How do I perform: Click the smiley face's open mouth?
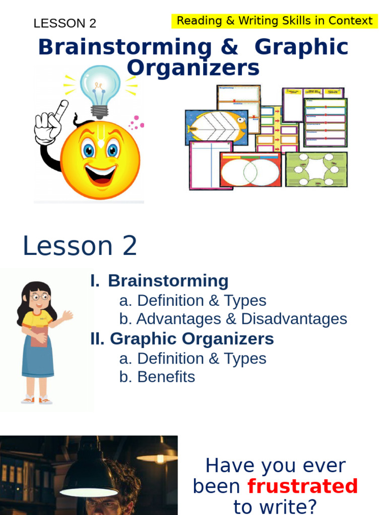pyautogui.click(x=100, y=174)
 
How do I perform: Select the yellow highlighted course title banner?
pyautogui.click(x=275, y=21)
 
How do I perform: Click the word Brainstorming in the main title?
pyautogui.click(x=125, y=47)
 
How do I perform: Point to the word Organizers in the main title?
pyautogui.click(x=193, y=67)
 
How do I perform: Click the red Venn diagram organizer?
pyautogui.click(x=250, y=170)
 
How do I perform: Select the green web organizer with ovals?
pyautogui.click(x=316, y=169)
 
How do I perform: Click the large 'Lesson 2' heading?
pyautogui.click(x=80, y=246)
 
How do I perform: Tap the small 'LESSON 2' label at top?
pyautogui.click(x=64, y=23)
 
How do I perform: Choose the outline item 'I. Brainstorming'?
pyautogui.click(x=159, y=281)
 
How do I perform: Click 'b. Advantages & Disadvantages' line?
pyautogui.click(x=233, y=319)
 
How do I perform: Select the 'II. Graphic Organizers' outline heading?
pyautogui.click(x=182, y=339)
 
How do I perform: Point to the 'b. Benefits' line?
pyautogui.click(x=157, y=377)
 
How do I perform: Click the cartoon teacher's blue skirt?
pyautogui.click(x=38, y=358)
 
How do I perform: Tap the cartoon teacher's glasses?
pyautogui.click(x=39, y=297)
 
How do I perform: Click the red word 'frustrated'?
pyautogui.click(x=302, y=486)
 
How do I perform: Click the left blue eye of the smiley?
pyautogui.click(x=89, y=150)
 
